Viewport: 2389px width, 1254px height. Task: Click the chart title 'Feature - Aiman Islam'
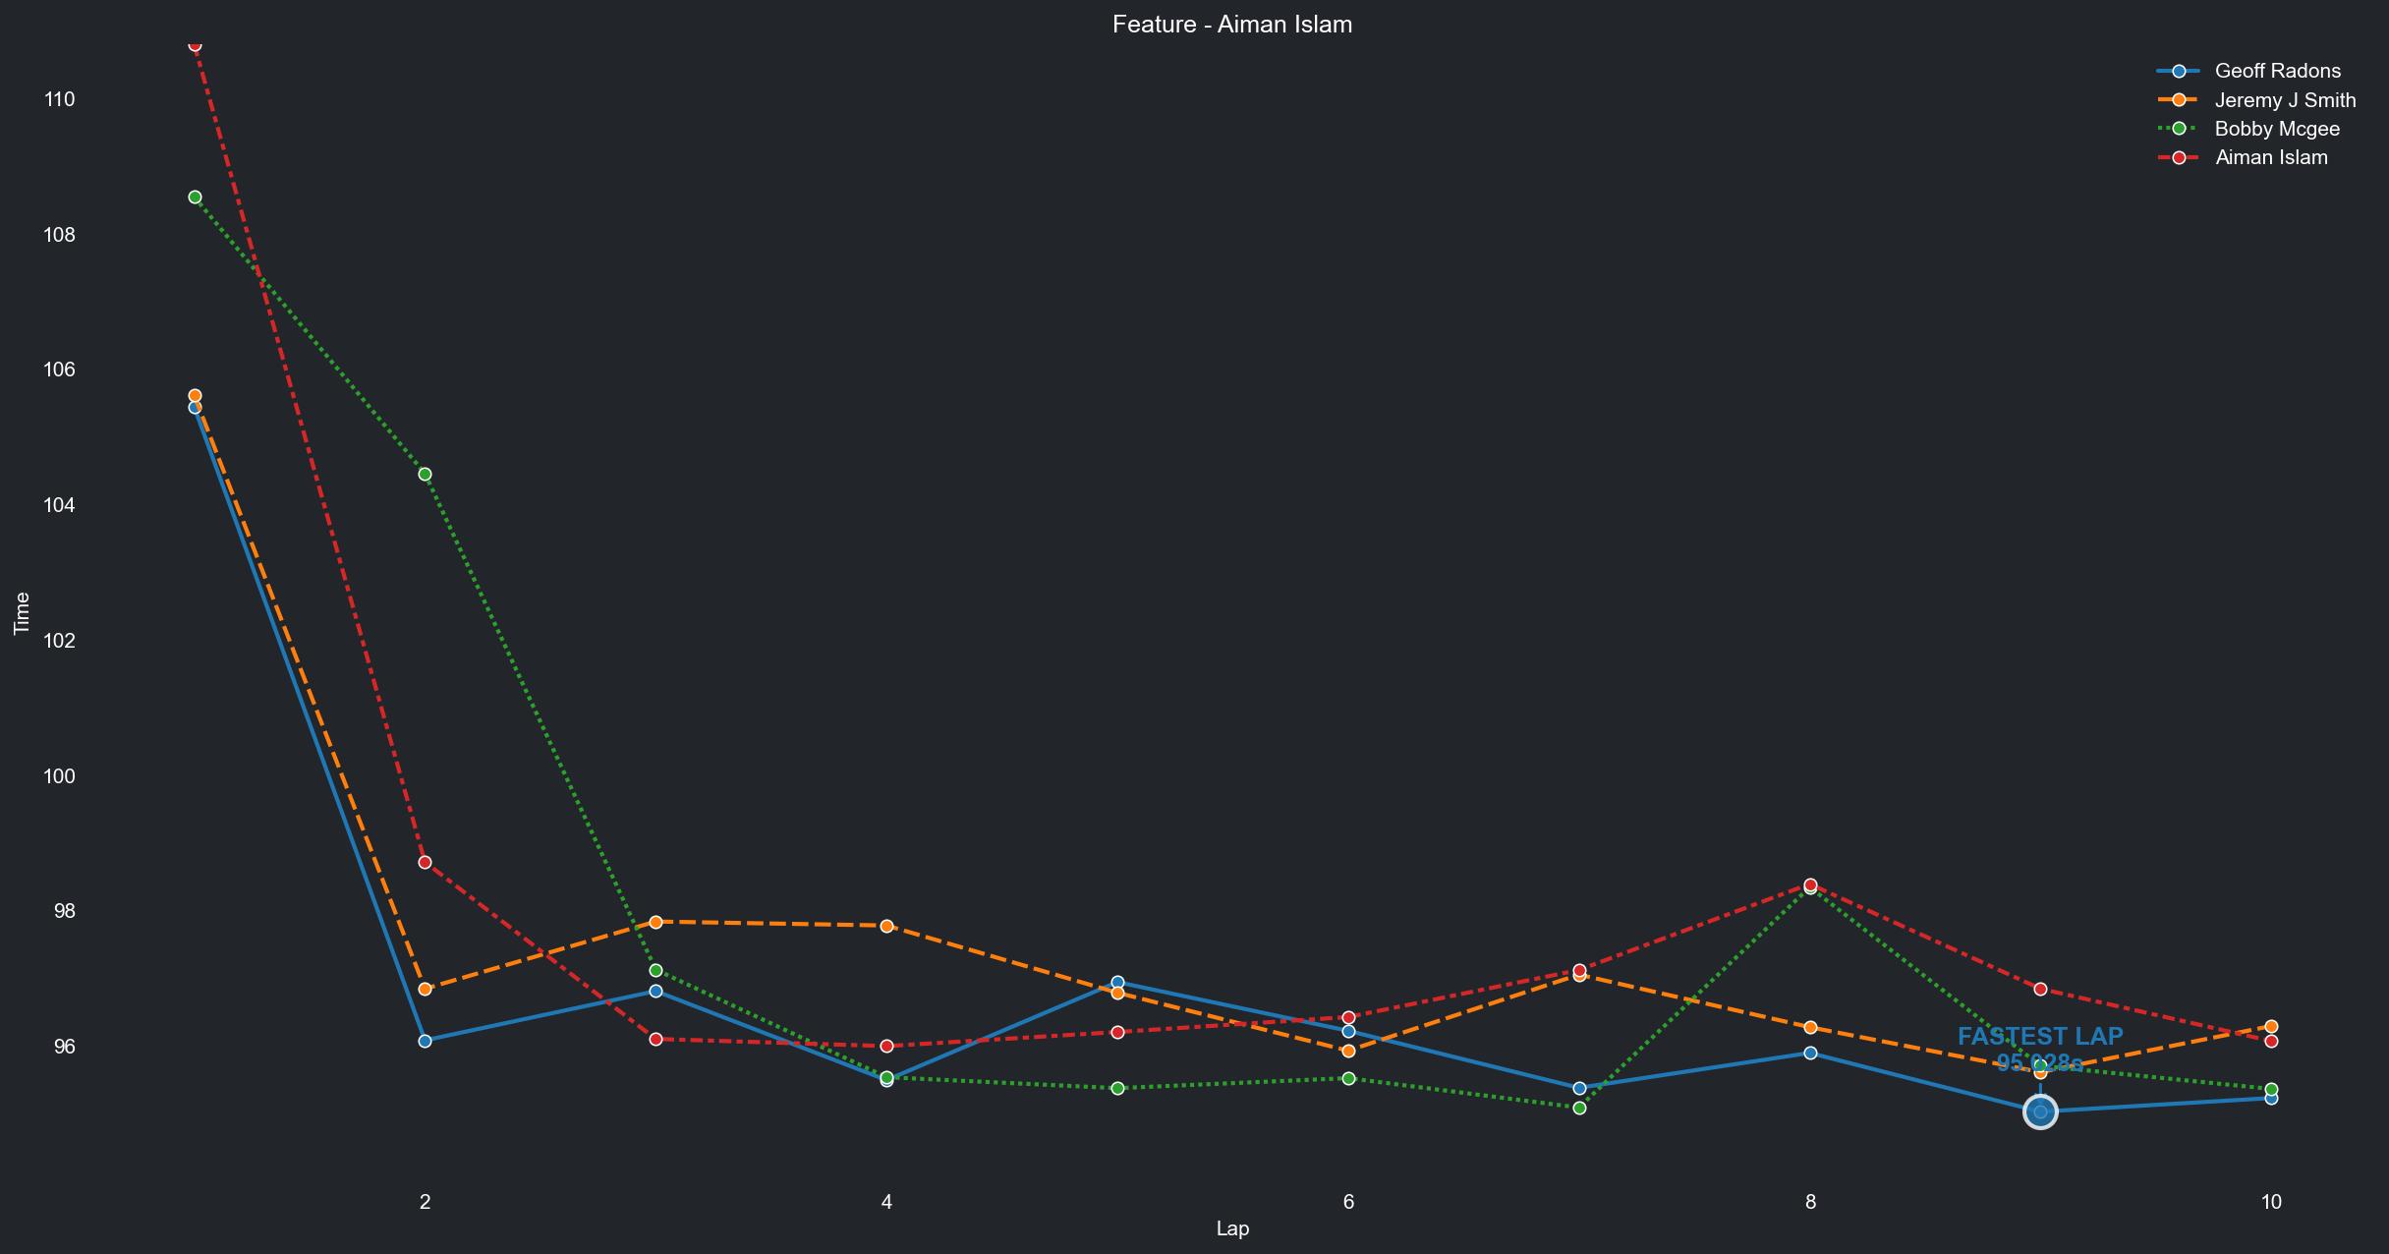[1232, 25]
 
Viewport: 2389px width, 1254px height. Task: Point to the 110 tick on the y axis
[59, 99]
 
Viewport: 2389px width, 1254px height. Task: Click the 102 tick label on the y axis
[59, 641]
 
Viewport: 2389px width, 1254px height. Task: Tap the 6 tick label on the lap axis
[1348, 1201]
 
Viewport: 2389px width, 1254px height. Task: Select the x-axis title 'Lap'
[1232, 1228]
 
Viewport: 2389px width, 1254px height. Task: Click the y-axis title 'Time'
[22, 613]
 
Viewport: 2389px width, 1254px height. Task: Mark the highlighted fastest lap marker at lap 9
[2040, 1111]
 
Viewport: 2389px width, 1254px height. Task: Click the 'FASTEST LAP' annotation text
[2040, 1037]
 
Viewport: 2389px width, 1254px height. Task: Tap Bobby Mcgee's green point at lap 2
[425, 475]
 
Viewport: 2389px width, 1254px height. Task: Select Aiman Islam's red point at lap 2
[425, 862]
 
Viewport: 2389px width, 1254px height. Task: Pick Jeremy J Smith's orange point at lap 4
[886, 926]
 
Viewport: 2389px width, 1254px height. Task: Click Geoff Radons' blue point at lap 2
[425, 1041]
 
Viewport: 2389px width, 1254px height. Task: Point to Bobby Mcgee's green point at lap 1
[195, 198]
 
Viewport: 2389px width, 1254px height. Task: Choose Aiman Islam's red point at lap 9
[2040, 989]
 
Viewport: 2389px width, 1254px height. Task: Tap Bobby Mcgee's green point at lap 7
[1579, 1108]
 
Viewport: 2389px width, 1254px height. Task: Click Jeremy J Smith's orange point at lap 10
[2271, 1027]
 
